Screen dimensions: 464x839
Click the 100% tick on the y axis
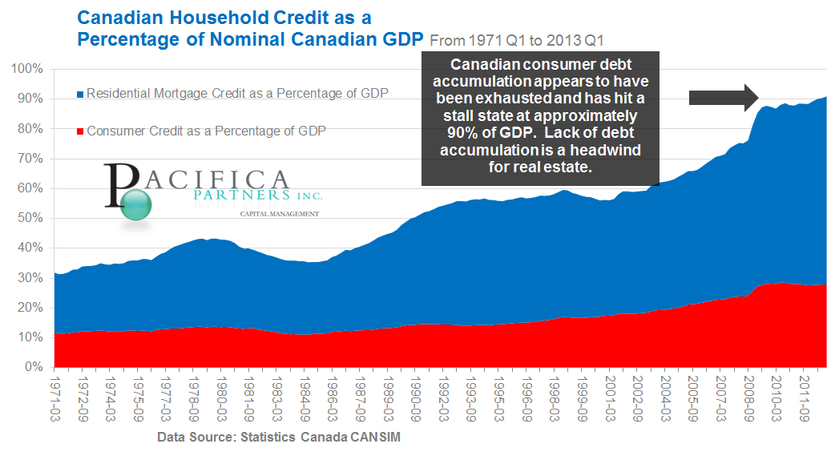[x=27, y=69]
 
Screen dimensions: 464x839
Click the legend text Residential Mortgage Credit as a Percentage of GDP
[x=237, y=94]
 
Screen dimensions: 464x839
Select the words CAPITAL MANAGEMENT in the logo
[x=280, y=214]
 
